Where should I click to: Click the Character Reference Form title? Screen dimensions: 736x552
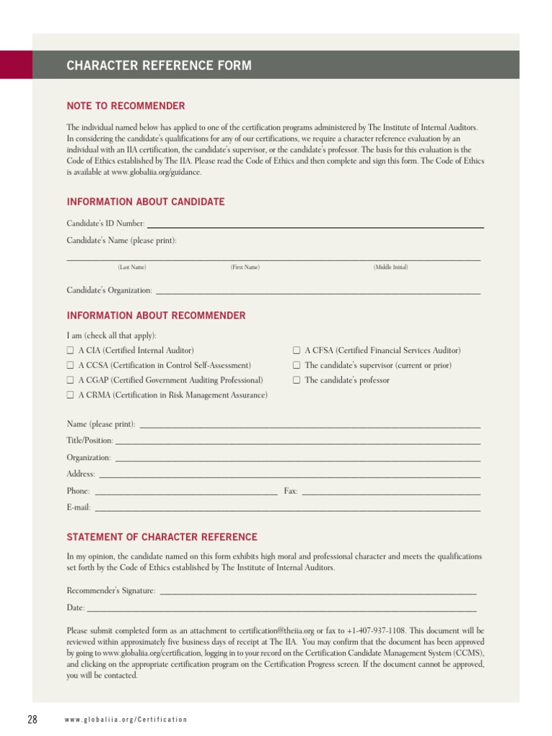(x=159, y=66)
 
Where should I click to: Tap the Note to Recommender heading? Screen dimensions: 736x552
(x=126, y=106)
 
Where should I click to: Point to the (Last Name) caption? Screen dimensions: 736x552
(x=132, y=267)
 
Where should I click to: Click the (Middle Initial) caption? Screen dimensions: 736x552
(x=390, y=267)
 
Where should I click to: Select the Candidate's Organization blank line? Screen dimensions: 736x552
(x=318, y=292)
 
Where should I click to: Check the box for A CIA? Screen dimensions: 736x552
(x=70, y=351)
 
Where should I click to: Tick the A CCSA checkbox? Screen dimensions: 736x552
(x=70, y=366)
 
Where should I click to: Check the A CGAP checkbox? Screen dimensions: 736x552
(x=70, y=381)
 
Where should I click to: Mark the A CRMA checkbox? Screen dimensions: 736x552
(x=70, y=396)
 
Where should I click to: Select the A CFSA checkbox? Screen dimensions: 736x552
(x=297, y=351)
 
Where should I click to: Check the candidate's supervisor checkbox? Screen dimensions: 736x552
(x=297, y=366)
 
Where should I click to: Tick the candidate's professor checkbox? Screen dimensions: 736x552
(x=297, y=381)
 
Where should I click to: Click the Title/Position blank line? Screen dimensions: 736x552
(x=298, y=442)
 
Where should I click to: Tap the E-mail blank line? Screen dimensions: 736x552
(x=287, y=509)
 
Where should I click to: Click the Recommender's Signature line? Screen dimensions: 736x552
(x=318, y=592)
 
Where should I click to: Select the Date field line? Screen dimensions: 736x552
(x=282, y=609)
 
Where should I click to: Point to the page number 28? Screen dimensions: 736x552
(x=32, y=719)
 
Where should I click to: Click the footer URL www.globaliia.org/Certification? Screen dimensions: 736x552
(x=126, y=719)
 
